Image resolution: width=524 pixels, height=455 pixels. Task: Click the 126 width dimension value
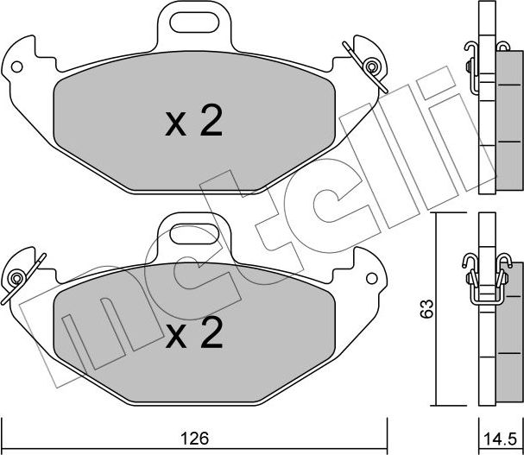[x=194, y=439]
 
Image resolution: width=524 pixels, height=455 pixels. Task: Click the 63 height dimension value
[x=427, y=309]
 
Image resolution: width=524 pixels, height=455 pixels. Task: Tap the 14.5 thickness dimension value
[x=501, y=439]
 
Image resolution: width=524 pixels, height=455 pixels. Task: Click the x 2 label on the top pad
[x=194, y=120]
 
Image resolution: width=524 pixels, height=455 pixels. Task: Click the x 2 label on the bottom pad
[x=194, y=332]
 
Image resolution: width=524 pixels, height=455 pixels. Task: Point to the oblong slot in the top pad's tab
[x=194, y=22]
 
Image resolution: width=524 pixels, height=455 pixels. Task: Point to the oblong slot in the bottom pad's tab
[x=194, y=234]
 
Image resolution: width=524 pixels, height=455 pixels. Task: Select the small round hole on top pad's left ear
[x=16, y=66]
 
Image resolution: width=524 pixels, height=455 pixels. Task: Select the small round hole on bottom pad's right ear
[x=371, y=279]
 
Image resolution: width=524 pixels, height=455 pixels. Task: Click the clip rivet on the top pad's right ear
[x=371, y=66]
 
